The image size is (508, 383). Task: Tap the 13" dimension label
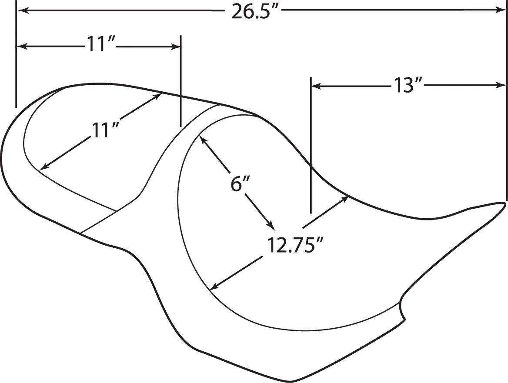407,86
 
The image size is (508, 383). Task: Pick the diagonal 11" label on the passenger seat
104,130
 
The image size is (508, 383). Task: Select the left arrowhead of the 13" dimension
316,86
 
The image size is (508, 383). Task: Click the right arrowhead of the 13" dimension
501,86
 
